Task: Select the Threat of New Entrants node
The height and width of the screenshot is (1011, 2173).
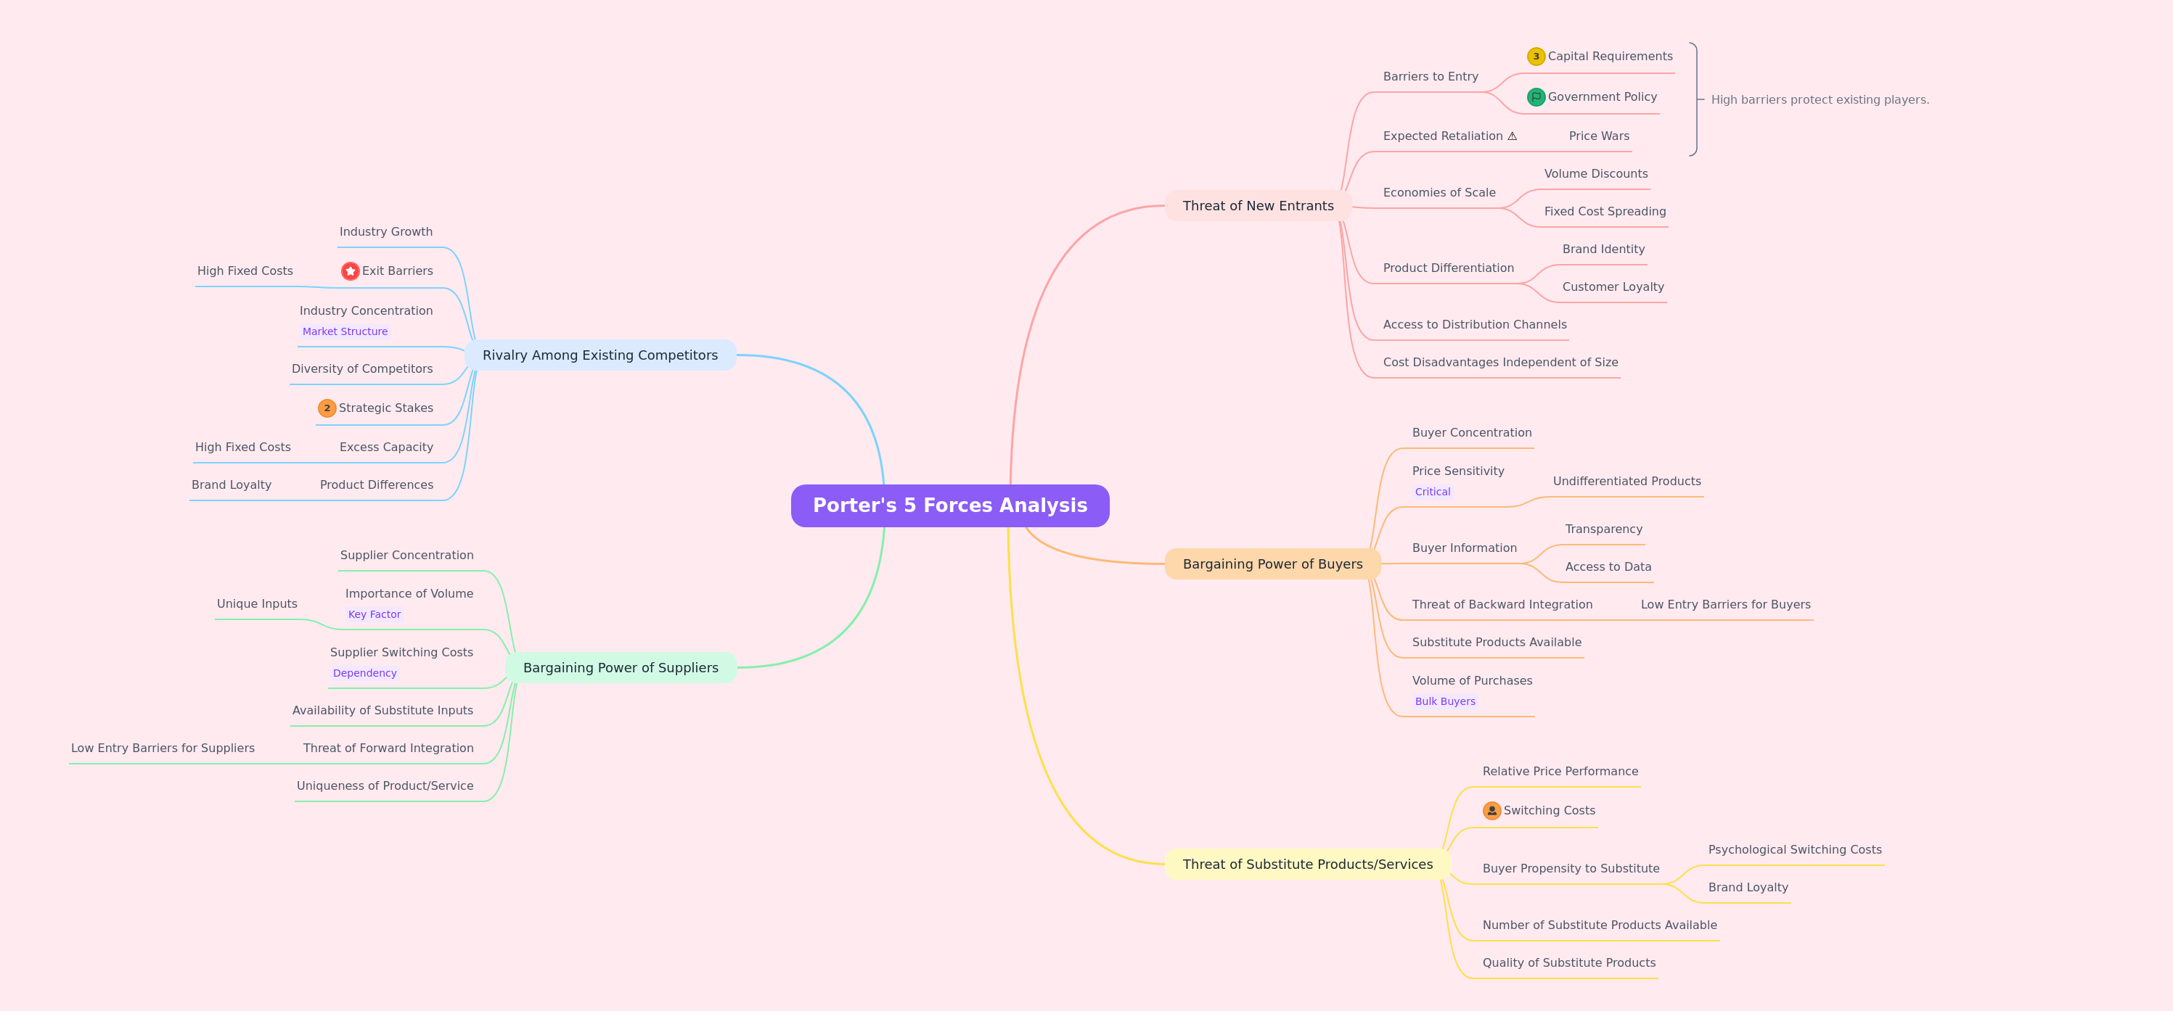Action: [x=1258, y=206]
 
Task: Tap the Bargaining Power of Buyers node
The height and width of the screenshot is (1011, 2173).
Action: [x=1272, y=564]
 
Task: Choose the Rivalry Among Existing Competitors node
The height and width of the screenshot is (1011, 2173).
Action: [x=599, y=355]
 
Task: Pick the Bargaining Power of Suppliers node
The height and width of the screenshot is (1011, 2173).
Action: [x=621, y=668]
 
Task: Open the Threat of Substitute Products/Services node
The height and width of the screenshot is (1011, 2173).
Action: [x=1308, y=864]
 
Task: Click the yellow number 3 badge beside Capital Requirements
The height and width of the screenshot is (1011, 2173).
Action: [x=1536, y=57]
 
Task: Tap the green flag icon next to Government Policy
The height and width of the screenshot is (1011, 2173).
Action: [x=1536, y=97]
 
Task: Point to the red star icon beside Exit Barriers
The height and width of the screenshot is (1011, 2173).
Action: [x=350, y=271]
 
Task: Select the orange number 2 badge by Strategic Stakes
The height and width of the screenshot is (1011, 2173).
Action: [x=327, y=408]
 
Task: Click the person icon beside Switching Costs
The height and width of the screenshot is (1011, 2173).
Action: [x=1491, y=810]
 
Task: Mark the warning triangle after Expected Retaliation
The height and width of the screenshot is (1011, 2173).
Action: [x=1513, y=136]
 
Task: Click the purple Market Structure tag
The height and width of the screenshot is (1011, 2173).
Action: [x=345, y=331]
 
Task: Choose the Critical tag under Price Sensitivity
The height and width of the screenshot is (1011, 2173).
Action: [x=1433, y=492]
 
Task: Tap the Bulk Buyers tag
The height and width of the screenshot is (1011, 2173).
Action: [x=1445, y=701]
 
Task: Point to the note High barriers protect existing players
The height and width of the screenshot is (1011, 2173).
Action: [x=1820, y=99]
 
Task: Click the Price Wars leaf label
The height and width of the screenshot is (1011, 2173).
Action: [x=1598, y=136]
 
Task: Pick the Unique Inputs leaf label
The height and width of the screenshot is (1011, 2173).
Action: [x=257, y=603]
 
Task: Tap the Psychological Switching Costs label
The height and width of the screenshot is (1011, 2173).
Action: [x=1794, y=850]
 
